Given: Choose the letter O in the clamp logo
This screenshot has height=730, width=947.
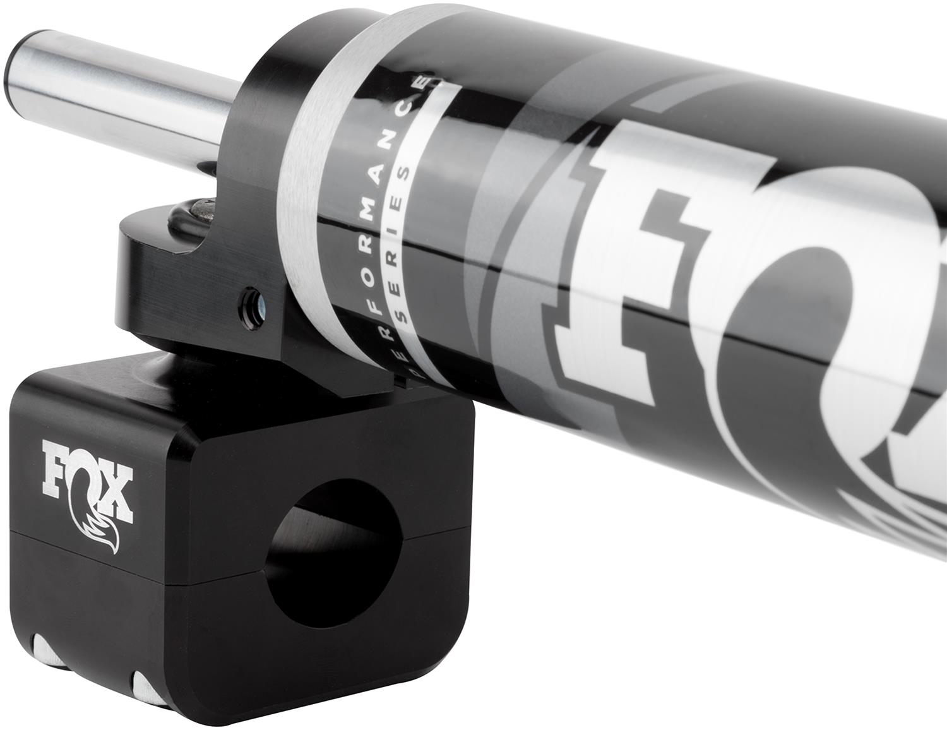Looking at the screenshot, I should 88,486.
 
